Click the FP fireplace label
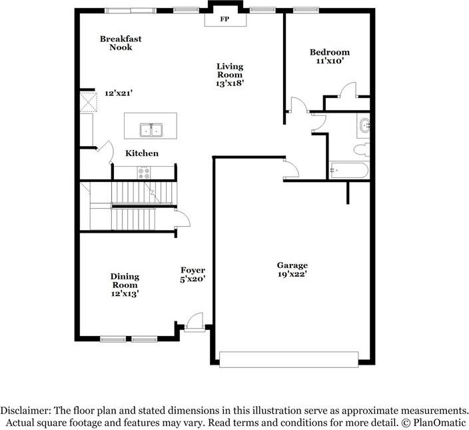tap(225, 19)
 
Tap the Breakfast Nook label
tap(121, 43)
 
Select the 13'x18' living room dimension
tap(230, 83)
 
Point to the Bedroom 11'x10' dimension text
tap(330, 61)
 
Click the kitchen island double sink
tap(151, 130)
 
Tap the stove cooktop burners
tap(144, 173)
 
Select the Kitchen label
tap(142, 153)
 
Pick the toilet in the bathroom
tap(362, 149)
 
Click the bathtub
tap(349, 170)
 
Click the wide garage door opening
tap(288, 359)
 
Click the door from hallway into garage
tap(291, 169)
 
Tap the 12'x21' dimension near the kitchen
tap(119, 93)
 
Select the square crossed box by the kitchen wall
tap(89, 102)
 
